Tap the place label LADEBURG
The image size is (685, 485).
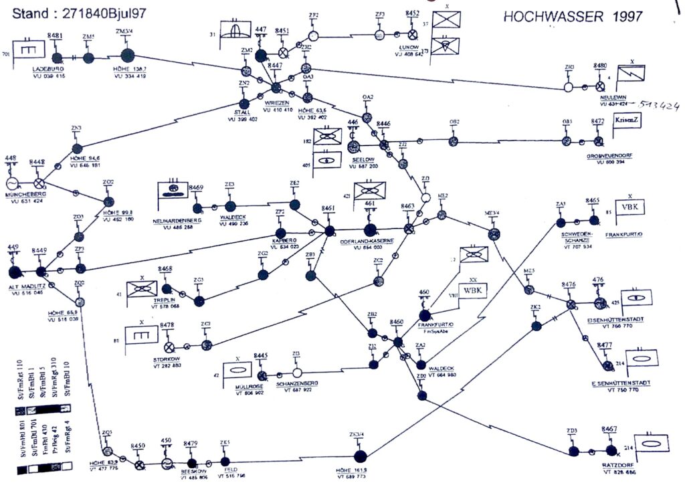[x=47, y=69]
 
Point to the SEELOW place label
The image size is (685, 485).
[x=362, y=160]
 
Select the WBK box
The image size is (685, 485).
[x=472, y=291]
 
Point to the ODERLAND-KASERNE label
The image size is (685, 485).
[x=367, y=241]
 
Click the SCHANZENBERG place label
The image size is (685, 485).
[x=299, y=383]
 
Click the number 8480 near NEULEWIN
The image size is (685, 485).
[x=600, y=66]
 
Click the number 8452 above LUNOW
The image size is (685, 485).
[x=413, y=13]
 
